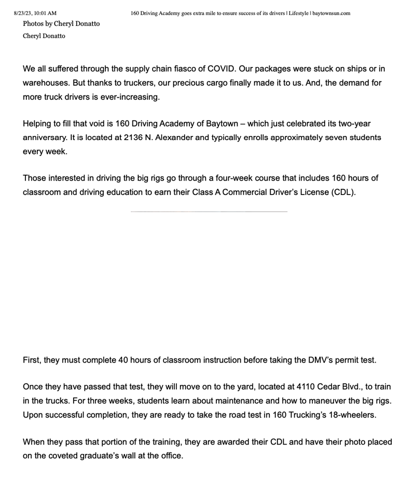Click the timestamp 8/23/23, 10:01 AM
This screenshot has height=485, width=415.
(35, 13)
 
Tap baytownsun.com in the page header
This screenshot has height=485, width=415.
(331, 13)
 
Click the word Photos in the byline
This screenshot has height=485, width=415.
(34, 23)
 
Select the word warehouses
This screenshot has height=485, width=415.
(47, 82)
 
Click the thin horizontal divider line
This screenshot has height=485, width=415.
(209, 212)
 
